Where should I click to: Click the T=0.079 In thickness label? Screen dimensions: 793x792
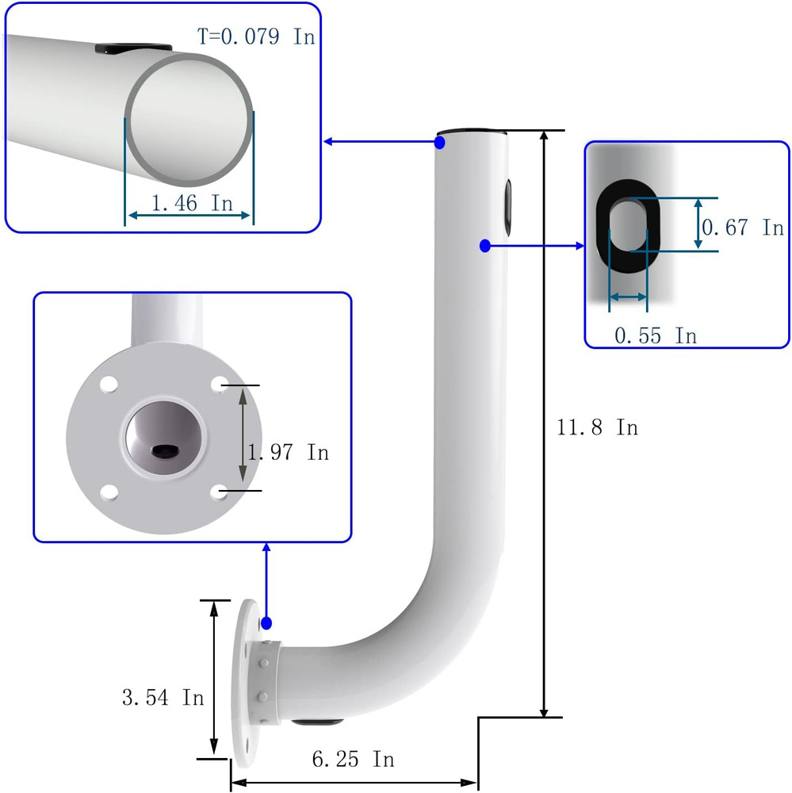pyautogui.click(x=255, y=36)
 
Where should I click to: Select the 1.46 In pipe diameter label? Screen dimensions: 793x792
pyautogui.click(x=192, y=203)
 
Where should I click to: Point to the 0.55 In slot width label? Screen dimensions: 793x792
pyautogui.click(x=656, y=335)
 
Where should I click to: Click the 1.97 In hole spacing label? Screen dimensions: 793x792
pyautogui.click(x=287, y=453)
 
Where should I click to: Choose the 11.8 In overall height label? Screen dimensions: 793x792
pyautogui.click(x=597, y=427)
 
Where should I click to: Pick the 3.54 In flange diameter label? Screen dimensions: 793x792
pyautogui.click(x=163, y=698)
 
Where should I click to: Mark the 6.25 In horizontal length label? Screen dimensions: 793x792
pyautogui.click(x=353, y=759)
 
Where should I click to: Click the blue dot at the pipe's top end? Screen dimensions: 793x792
pyautogui.click(x=440, y=143)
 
